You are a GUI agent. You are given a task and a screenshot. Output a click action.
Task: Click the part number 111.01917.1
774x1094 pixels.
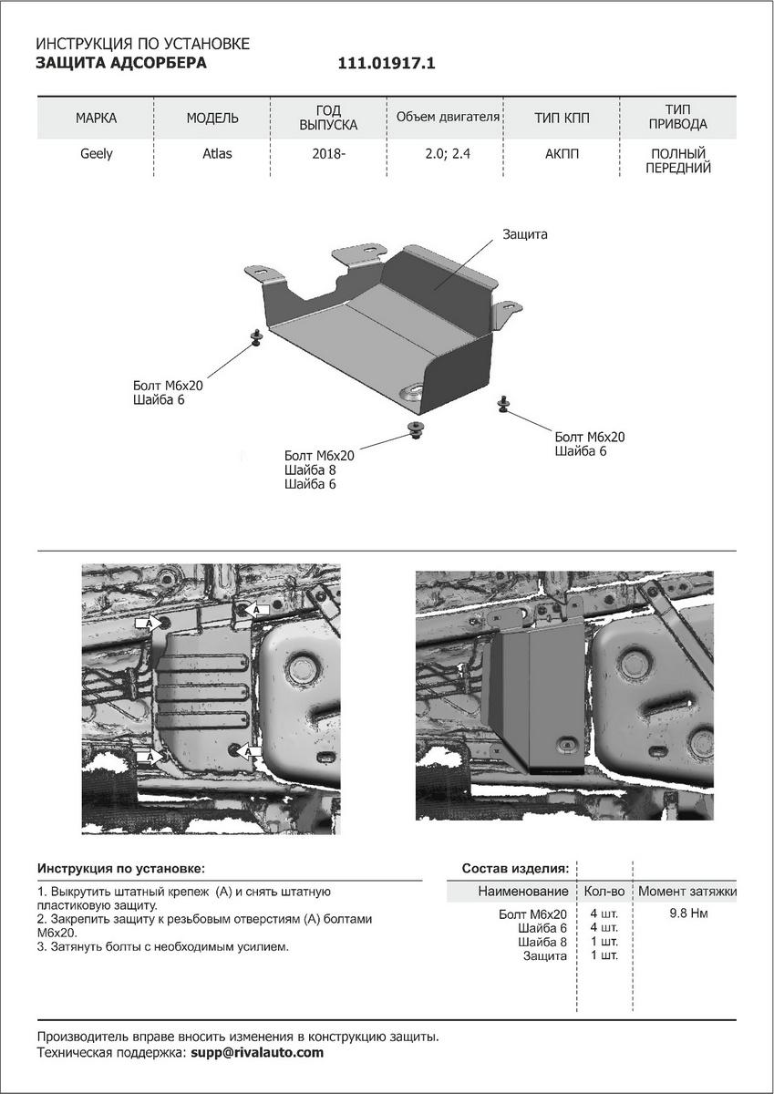pos(387,64)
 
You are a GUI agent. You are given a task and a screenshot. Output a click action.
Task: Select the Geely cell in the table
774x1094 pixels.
pos(96,153)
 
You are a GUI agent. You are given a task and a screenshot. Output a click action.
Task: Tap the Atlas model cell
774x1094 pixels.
pos(217,153)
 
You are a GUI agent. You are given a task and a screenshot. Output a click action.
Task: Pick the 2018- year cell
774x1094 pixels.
pos(328,153)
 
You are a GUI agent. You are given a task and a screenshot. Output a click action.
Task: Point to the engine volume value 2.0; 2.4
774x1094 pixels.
pos(448,153)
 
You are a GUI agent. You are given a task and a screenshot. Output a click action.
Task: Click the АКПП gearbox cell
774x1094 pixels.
pos(562,153)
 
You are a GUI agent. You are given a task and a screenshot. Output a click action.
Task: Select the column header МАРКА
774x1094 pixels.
pos(96,119)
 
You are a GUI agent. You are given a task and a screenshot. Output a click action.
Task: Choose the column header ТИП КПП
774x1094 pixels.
pos(562,119)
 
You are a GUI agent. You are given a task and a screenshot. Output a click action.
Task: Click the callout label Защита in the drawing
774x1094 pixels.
pos(525,234)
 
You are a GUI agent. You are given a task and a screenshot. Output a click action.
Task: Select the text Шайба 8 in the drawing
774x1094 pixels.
pos(310,470)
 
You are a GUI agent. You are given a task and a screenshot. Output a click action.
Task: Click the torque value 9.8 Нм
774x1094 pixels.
pos(688,913)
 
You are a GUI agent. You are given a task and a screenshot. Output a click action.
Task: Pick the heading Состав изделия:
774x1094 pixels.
pos(516,868)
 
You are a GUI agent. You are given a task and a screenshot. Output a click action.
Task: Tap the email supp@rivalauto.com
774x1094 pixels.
pos(257,1052)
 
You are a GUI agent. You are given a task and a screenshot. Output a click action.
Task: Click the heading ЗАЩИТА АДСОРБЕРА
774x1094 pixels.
pos(120,63)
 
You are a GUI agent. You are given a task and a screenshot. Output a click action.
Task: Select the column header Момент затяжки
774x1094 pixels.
pos(686,891)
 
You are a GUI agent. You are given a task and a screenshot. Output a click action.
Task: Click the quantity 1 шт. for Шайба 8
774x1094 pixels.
pos(604,941)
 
